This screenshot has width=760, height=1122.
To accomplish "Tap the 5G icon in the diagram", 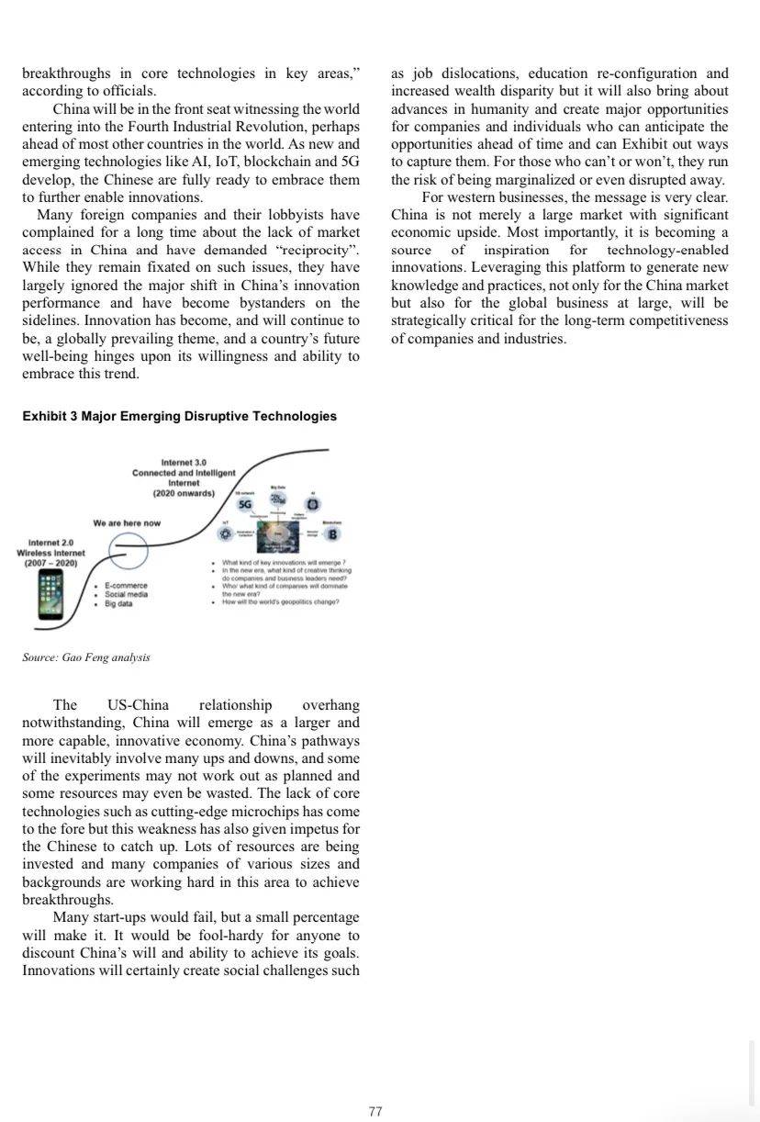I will click(245, 504).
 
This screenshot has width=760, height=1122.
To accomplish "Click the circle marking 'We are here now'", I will click(129, 549).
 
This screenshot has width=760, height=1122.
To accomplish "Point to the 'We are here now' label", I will click(127, 523).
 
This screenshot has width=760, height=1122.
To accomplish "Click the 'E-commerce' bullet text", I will click(126, 585).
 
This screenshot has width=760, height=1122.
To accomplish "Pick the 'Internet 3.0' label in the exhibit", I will click(184, 461).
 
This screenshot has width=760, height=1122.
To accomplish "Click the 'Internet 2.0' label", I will click(51, 543).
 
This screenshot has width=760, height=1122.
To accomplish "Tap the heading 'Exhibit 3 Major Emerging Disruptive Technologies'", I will click(179, 416).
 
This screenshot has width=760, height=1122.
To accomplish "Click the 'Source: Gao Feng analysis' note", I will click(85, 657).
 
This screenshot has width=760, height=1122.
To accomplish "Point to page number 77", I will click(374, 1112).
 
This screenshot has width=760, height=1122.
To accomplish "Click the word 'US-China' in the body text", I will click(138, 705).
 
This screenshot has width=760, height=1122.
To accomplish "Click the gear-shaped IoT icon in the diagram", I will click(223, 534).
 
